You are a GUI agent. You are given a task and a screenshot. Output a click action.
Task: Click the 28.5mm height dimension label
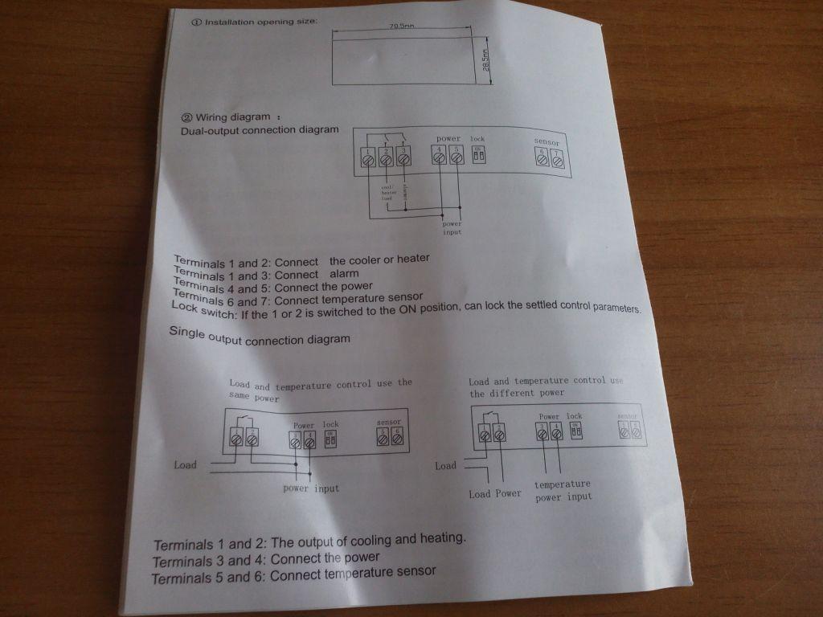[x=485, y=61]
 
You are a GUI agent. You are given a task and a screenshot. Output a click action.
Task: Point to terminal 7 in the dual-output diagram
[x=555, y=159]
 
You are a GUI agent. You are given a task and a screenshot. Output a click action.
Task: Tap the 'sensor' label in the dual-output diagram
[x=547, y=142]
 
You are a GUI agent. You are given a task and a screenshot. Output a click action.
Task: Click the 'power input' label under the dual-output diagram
[x=452, y=228]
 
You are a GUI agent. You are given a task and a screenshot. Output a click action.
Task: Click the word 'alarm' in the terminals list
[x=344, y=273]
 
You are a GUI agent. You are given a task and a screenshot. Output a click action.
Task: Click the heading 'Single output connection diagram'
[x=260, y=338]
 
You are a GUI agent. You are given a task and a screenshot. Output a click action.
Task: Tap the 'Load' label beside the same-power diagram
[x=185, y=464]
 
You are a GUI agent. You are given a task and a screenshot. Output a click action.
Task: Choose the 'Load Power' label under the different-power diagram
[x=495, y=493]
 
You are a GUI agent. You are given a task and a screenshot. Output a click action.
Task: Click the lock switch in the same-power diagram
[x=330, y=439]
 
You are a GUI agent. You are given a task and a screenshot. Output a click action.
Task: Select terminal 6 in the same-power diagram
[x=397, y=438]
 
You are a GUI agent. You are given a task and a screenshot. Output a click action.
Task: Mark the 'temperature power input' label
[x=563, y=490]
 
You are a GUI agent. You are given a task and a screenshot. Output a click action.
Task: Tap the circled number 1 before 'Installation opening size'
[x=195, y=22]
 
